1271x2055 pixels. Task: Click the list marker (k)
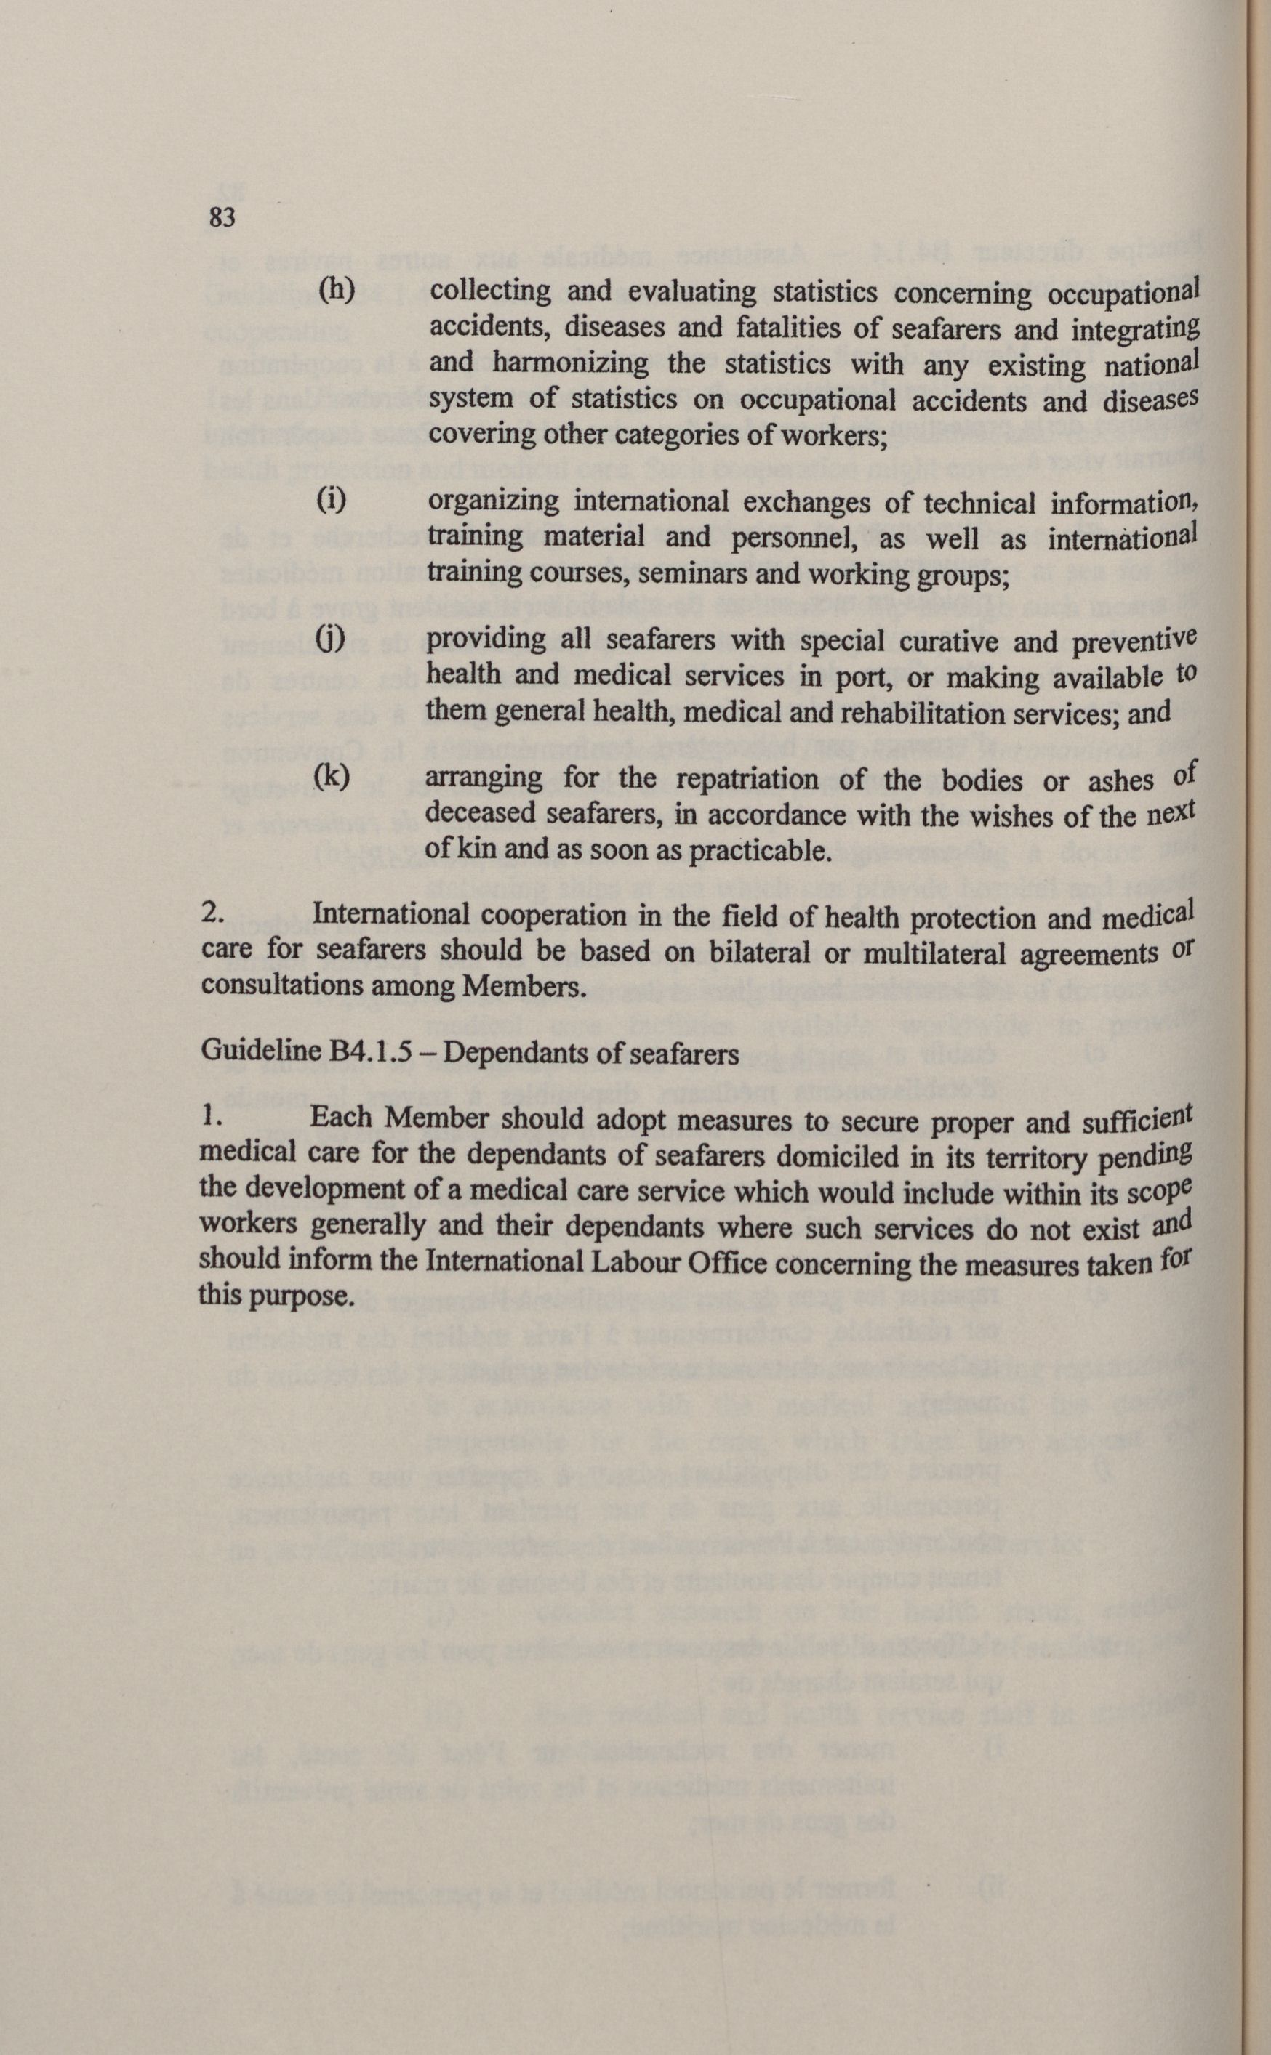pos(331,775)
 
